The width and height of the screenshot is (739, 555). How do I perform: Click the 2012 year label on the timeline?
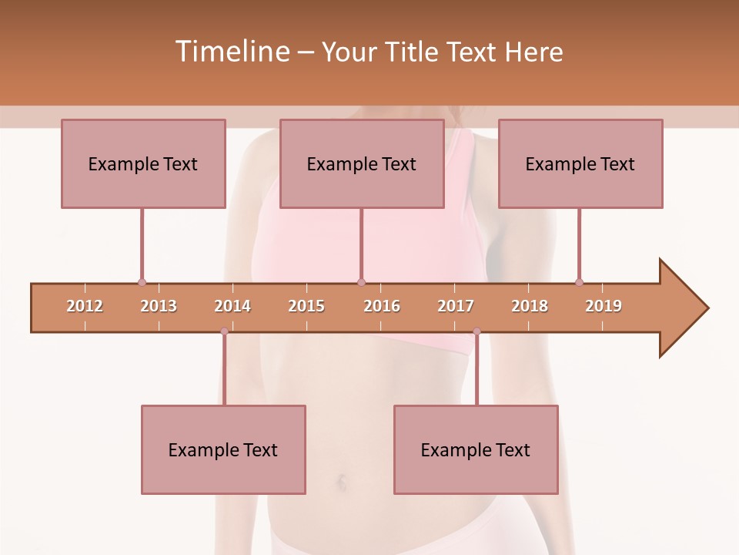(85, 306)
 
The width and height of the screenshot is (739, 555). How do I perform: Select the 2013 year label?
(159, 306)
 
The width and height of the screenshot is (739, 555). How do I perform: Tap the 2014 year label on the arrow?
(232, 306)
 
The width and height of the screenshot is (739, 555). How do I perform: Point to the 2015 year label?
(306, 306)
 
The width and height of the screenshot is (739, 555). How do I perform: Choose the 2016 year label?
(382, 306)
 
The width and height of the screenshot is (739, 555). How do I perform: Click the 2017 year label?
(456, 306)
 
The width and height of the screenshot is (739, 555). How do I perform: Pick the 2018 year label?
(530, 306)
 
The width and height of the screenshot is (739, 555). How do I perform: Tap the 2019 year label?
(604, 306)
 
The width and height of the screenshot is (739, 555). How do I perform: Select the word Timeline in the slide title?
(231, 52)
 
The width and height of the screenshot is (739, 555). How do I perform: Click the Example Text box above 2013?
(143, 163)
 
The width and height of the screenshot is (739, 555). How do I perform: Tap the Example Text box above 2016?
(362, 163)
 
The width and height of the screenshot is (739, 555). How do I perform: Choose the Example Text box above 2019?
(580, 163)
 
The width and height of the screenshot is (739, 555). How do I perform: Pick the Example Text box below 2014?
(223, 449)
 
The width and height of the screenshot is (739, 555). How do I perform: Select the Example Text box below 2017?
(476, 449)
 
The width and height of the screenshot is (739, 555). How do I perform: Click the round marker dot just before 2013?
(142, 282)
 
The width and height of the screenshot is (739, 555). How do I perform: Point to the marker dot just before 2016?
(362, 282)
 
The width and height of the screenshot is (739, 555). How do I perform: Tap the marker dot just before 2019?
(579, 282)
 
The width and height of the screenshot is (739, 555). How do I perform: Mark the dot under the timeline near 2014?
(224, 331)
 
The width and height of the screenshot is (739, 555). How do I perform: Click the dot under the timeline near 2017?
(477, 331)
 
